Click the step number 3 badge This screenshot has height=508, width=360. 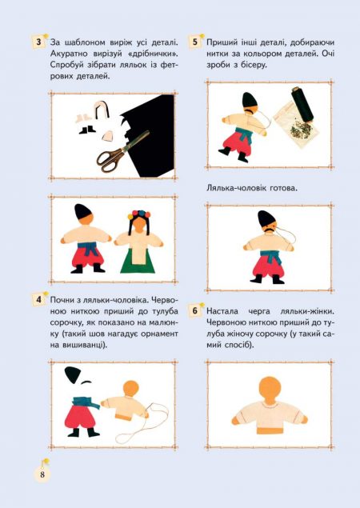[39, 42]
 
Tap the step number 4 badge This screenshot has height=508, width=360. [39, 299]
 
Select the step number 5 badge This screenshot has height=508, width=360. [195, 42]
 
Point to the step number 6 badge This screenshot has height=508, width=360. [195, 310]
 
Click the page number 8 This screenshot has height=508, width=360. [42, 474]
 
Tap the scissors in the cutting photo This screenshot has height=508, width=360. [123, 151]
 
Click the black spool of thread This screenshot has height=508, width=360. [302, 103]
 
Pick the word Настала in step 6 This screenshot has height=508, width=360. [222, 311]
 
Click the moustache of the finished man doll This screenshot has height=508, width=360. [271, 230]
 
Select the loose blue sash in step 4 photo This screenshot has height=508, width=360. [86, 402]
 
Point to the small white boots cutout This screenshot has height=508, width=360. [81, 118]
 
